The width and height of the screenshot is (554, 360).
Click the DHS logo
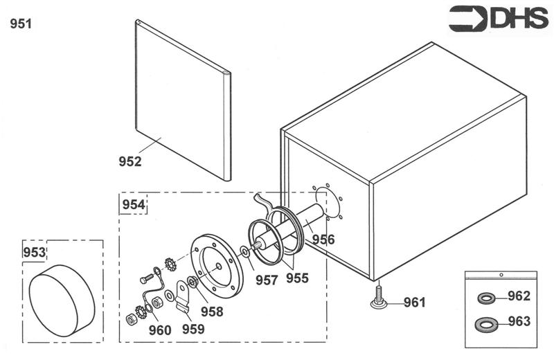[498, 18]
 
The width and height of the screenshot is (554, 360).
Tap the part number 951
[21, 24]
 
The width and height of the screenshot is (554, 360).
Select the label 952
[129, 162]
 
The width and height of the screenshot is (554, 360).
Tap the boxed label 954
[134, 205]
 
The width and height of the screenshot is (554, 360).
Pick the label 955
[297, 278]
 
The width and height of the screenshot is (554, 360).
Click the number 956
[323, 240]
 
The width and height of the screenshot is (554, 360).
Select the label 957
[266, 280]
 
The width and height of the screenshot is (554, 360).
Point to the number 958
[212, 312]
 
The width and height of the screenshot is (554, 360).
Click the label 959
[193, 330]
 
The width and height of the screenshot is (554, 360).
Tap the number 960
[159, 331]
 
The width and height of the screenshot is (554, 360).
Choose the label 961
[414, 303]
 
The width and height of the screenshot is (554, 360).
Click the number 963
[519, 321]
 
